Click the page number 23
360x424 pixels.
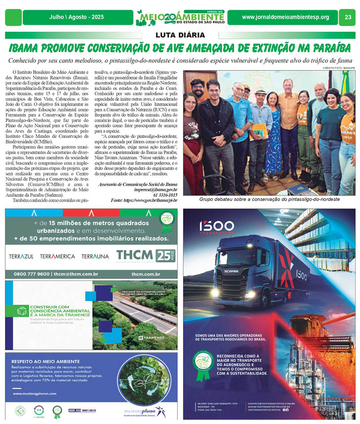point(348,17)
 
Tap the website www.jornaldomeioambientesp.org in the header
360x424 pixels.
point(285,17)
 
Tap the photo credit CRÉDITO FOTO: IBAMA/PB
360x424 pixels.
point(339,68)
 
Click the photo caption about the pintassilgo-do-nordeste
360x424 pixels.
point(269,199)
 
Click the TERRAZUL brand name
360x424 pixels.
point(22,256)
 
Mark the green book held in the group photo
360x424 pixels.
point(259,132)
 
